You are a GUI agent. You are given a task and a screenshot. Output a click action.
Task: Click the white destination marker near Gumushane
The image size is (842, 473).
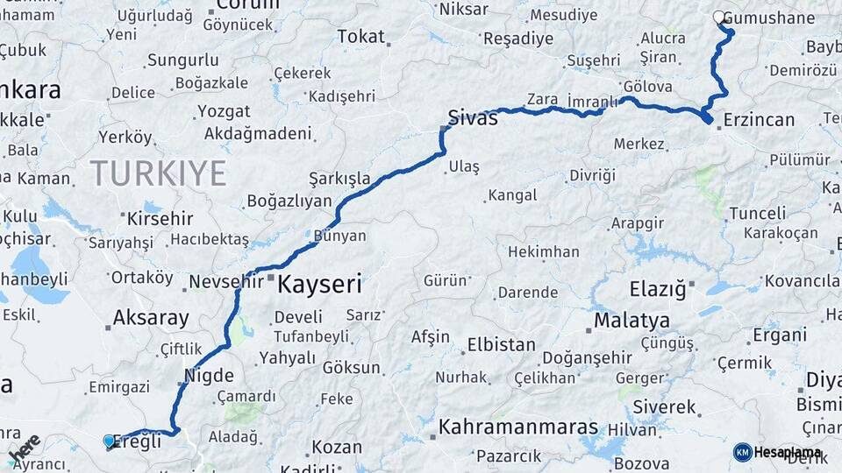point(719,17)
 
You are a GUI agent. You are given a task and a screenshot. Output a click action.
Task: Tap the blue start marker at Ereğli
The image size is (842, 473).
point(109,441)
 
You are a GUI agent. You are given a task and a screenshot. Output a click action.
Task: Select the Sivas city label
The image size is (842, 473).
point(472,117)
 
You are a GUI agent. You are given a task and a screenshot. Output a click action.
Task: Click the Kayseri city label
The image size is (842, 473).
point(319,283)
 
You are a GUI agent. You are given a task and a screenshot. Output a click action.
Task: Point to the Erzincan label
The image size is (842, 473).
point(760,120)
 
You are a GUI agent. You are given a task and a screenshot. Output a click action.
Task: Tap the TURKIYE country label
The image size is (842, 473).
point(158,173)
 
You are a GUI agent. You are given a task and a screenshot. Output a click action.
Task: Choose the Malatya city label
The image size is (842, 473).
point(631,320)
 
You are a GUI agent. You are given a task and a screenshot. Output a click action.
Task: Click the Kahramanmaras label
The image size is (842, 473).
point(517,427)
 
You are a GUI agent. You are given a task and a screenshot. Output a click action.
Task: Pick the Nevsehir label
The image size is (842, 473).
point(227,282)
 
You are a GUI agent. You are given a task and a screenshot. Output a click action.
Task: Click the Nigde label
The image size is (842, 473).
point(209,376)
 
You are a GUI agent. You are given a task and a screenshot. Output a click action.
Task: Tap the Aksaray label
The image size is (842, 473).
point(151,317)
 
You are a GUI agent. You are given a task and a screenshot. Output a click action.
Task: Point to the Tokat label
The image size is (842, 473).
point(360,36)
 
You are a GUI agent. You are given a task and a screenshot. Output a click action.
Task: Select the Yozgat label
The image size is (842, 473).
point(223,111)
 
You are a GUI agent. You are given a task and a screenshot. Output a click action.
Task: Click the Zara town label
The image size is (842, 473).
point(542,98)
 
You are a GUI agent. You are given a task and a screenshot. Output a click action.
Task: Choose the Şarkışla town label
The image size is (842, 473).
point(340,179)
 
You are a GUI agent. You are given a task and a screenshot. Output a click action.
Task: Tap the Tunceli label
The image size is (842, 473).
point(758,213)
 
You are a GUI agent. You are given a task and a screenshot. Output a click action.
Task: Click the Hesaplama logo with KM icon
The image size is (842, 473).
point(778,452)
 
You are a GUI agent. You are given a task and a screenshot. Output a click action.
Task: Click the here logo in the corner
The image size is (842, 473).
point(24,448)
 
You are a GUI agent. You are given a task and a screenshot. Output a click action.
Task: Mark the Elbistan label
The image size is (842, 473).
point(501,344)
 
